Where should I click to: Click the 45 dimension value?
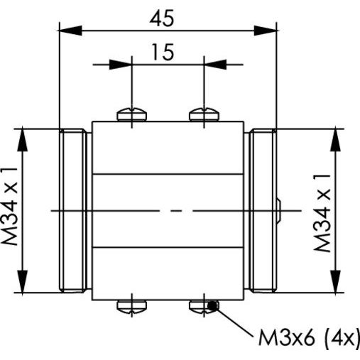click(162, 18)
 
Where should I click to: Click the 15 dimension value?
click(163, 52)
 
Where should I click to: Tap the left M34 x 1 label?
click(9, 206)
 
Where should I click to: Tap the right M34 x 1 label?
click(322, 212)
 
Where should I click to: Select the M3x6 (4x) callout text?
click(309, 338)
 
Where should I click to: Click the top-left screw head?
click(132, 114)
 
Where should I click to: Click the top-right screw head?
click(204, 114)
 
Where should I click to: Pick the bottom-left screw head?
click(132, 307)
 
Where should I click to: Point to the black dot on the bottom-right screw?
click(212, 306)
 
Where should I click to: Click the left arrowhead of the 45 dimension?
click(70, 31)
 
